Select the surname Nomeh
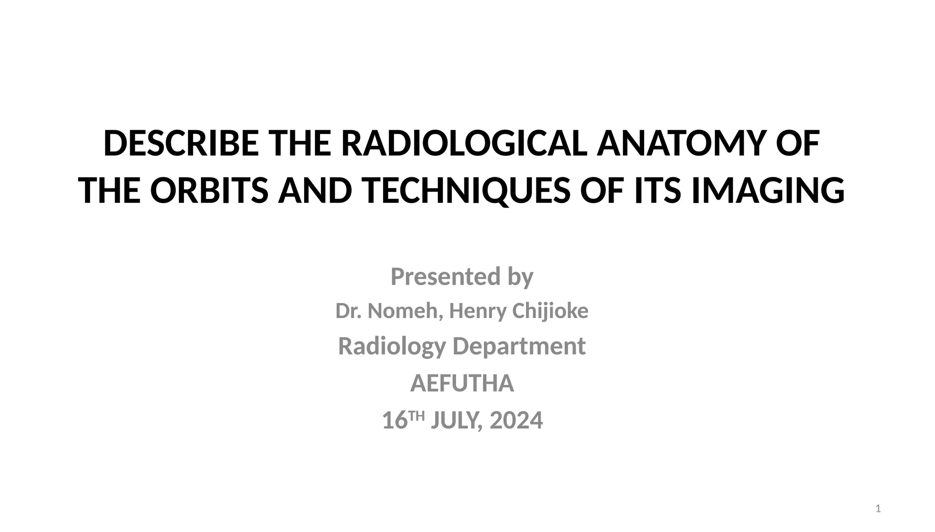(x=405, y=311)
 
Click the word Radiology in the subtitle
(x=392, y=346)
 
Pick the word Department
(x=519, y=346)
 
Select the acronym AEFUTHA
(x=462, y=383)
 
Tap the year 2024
(x=516, y=421)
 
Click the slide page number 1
(x=878, y=509)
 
